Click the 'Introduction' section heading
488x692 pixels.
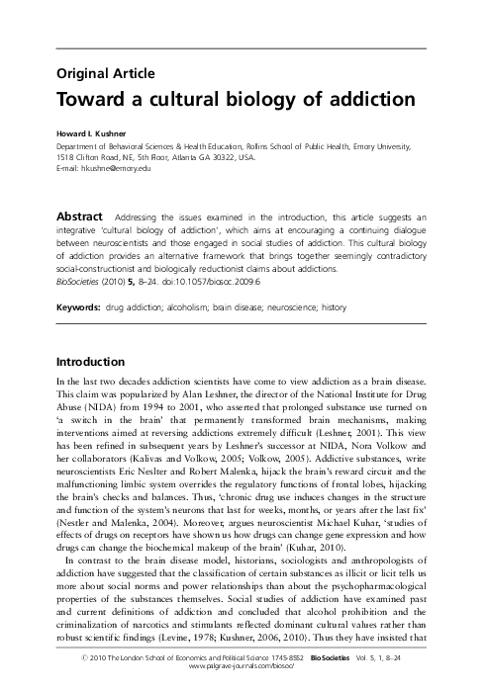[90, 362]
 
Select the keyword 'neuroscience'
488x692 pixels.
[338, 307]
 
